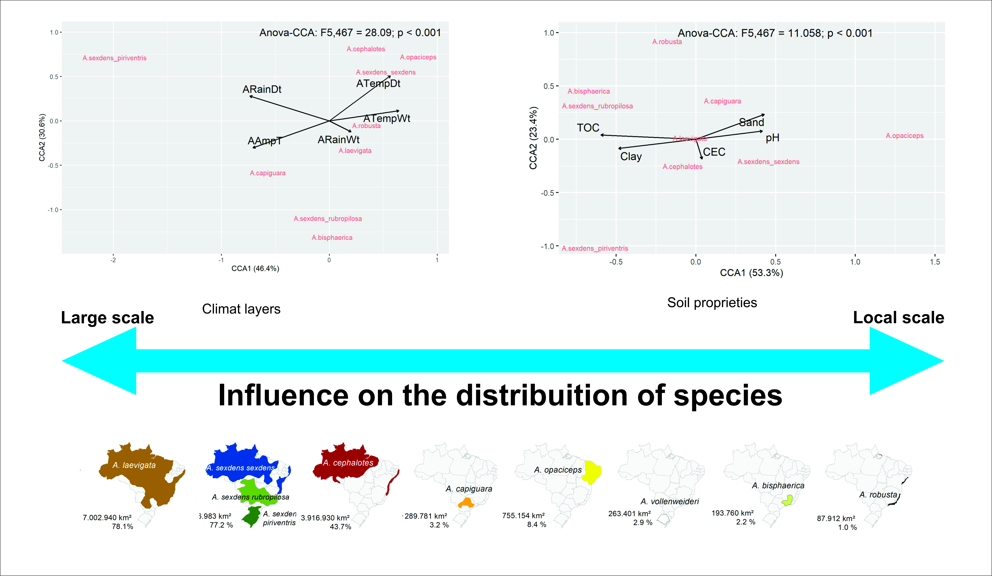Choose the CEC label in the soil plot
click(x=714, y=152)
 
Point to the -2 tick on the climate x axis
click(x=113, y=260)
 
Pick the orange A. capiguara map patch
click(x=467, y=503)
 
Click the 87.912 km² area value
click(x=836, y=519)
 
